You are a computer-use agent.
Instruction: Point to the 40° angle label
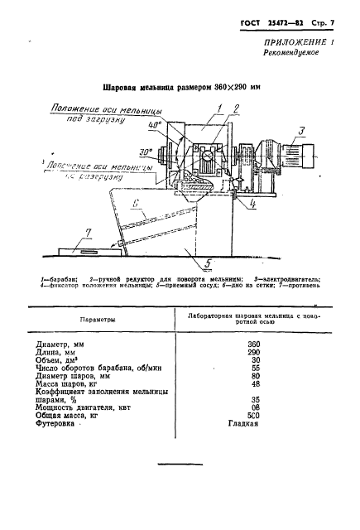(x=153, y=125)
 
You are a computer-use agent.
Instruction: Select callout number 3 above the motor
(x=301, y=130)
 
